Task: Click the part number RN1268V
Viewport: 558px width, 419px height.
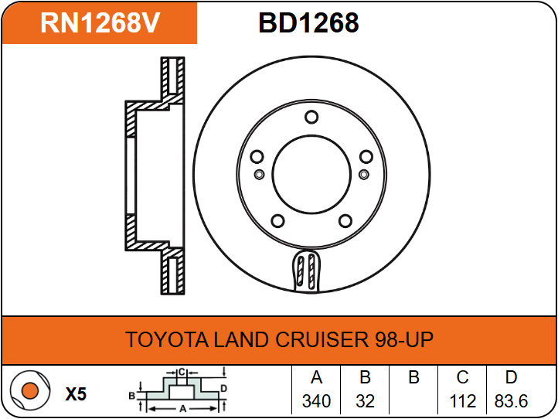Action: coord(100,23)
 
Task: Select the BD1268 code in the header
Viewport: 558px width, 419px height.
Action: coord(308,23)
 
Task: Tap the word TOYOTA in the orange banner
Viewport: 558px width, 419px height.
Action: coord(166,339)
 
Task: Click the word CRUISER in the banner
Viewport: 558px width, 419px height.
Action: coord(322,339)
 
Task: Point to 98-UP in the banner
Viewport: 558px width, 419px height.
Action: coord(404,339)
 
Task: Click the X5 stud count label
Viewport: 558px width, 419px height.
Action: coord(76,394)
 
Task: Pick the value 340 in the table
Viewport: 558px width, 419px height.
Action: coord(316,401)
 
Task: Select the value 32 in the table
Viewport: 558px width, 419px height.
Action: coord(365,401)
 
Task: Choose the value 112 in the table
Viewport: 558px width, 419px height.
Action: coord(463,401)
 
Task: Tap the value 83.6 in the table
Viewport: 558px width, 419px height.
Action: coord(511,401)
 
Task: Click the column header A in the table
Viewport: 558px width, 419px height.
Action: coord(316,377)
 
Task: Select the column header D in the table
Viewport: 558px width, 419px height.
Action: coord(511,377)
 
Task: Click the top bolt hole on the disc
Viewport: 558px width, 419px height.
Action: coord(311,118)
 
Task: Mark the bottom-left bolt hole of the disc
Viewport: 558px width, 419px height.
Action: coord(277,221)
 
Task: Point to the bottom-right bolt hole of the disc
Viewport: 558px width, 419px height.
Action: coord(345,221)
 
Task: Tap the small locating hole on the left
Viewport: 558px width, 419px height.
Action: coord(260,174)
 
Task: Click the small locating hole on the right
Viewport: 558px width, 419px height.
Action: coord(364,174)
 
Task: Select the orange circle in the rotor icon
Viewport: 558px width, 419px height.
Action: coord(30,390)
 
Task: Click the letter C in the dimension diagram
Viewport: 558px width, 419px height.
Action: coord(182,373)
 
